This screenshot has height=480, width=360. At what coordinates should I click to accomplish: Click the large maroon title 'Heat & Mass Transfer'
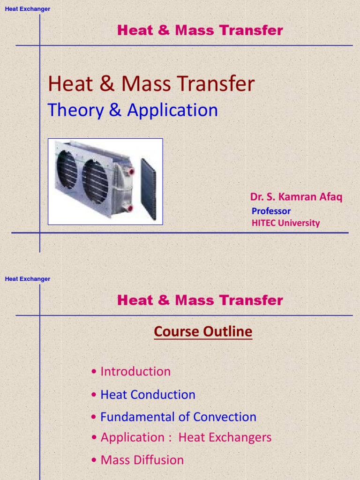pos(151,84)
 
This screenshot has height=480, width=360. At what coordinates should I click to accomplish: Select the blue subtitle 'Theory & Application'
pos(133,110)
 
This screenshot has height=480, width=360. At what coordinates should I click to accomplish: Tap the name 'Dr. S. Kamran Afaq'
pos(296,197)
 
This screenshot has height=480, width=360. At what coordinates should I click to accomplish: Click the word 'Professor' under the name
pos(271,211)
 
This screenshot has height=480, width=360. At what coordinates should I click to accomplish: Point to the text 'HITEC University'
pos(285,223)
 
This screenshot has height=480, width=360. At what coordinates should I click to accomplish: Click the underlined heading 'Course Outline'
pos(203,332)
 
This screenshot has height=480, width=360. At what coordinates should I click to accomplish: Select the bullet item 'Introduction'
pos(135,372)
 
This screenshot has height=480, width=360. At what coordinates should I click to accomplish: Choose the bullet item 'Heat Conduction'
pos(147,395)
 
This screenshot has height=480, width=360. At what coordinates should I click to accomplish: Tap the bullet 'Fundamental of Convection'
pos(178,417)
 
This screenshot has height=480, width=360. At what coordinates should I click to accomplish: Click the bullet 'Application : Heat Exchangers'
pos(186,437)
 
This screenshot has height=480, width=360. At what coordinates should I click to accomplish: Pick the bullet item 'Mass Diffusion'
pos(142,460)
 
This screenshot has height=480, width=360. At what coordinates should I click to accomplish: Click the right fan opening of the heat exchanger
pos(95,180)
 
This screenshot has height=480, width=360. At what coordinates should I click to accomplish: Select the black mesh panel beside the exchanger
pos(148,189)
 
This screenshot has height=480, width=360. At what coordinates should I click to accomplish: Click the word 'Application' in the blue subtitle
pos(172,110)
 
